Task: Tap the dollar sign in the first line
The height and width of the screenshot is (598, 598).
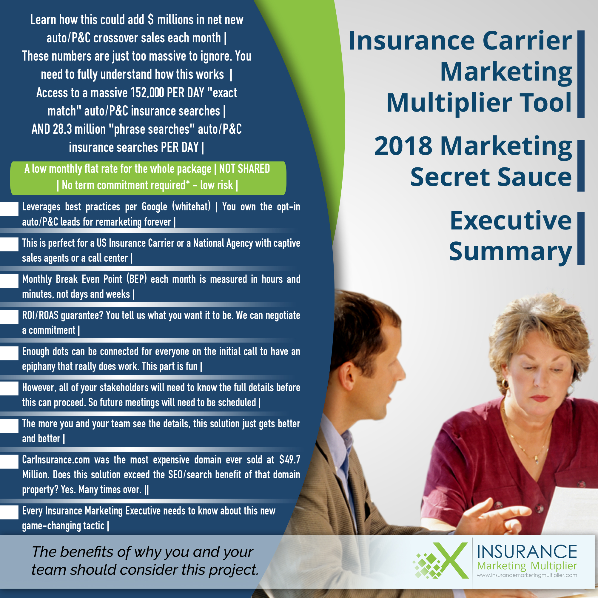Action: [x=151, y=20]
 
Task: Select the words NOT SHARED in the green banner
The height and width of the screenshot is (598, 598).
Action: [x=244, y=169]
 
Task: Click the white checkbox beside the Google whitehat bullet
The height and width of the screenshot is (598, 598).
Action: [x=9, y=209]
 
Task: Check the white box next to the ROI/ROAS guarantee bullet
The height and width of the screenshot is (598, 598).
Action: [x=9, y=317]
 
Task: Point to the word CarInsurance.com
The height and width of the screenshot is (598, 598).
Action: [x=56, y=460]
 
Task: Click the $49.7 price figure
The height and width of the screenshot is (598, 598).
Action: [x=289, y=460]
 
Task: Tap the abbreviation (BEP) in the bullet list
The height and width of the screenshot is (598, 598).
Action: [x=136, y=279]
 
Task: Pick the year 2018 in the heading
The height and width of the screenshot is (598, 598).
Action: [x=403, y=146]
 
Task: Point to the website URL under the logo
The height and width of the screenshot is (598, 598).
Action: [x=527, y=575]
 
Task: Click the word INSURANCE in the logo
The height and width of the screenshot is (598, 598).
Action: [x=527, y=551]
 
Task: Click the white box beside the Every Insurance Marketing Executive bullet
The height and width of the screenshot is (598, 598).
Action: [x=9, y=512]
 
